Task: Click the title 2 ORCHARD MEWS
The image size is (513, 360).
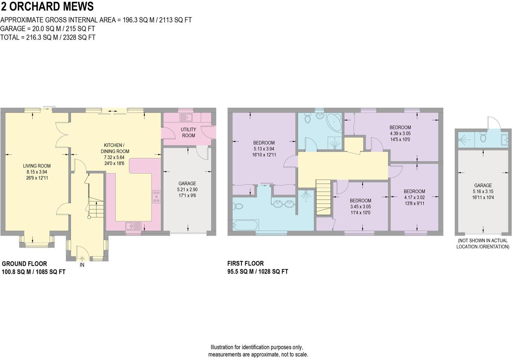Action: click(47, 7)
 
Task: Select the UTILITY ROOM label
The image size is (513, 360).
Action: click(188, 132)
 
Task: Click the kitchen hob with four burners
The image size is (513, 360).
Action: click(156, 196)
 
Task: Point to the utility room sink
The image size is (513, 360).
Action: click(186, 118)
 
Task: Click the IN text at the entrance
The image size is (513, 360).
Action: click(82, 265)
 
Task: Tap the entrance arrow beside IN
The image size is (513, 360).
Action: click(82, 258)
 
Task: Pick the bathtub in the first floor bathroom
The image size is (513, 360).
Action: click(246, 225)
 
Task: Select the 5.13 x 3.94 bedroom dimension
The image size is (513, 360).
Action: click(264, 149)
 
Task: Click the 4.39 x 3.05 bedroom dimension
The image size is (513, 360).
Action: click(400, 133)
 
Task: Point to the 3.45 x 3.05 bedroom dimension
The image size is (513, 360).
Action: click(360, 207)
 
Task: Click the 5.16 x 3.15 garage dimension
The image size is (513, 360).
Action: click(483, 191)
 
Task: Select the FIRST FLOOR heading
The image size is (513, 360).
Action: click(245, 263)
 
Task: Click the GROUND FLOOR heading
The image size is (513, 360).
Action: click(24, 264)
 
